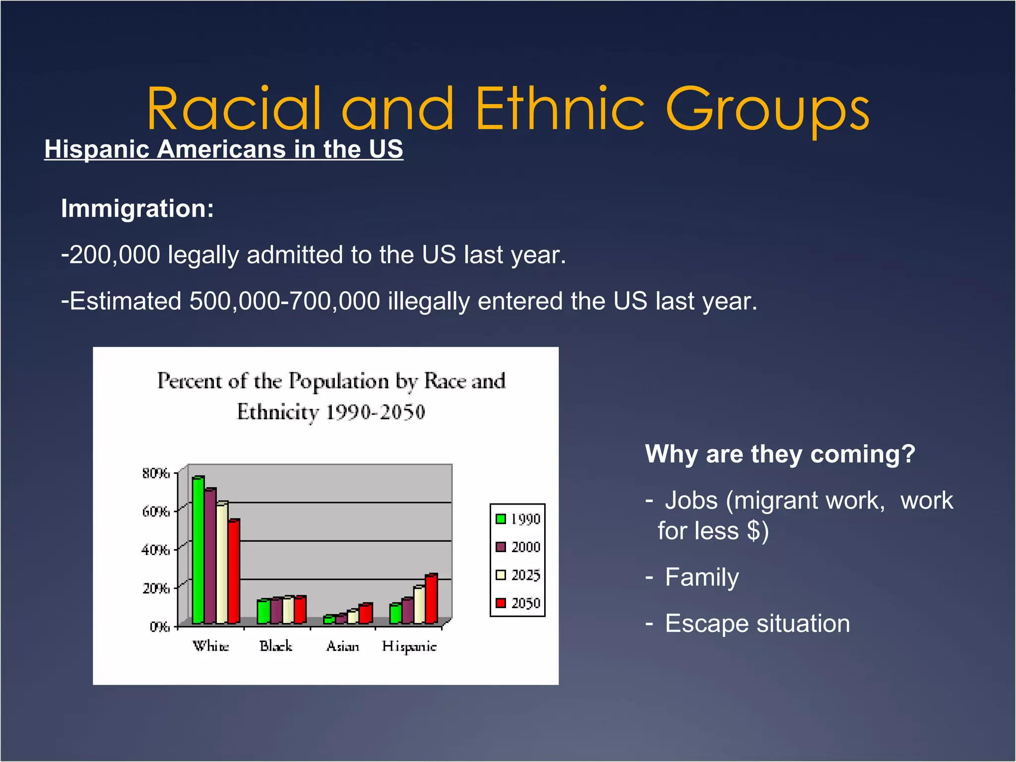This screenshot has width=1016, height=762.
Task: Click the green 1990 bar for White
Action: pyautogui.click(x=198, y=551)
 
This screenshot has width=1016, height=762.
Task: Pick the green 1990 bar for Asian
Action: pyautogui.click(x=328, y=620)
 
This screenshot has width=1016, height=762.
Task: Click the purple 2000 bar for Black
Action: pyautogui.click(x=276, y=611)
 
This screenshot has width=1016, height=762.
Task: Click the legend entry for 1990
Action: pyautogui.click(x=517, y=519)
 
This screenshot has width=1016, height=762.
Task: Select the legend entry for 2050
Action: pyautogui.click(x=517, y=603)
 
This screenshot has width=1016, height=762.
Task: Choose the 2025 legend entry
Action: pyautogui.click(x=517, y=575)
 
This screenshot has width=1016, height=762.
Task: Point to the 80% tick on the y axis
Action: pyautogui.click(x=156, y=473)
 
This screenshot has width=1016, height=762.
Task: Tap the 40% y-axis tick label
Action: pyautogui.click(x=156, y=550)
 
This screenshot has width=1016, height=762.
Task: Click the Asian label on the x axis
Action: pyautogui.click(x=342, y=646)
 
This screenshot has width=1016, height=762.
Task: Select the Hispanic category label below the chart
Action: pyautogui.click(x=409, y=646)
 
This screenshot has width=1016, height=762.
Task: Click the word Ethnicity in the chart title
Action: pyautogui.click(x=277, y=412)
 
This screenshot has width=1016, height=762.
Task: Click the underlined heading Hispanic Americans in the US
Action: pyautogui.click(x=224, y=149)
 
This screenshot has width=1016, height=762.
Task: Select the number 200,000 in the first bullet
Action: pyautogui.click(x=115, y=255)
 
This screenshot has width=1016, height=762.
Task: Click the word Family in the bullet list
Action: pyautogui.click(x=701, y=577)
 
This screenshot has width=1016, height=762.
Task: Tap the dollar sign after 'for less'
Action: pyautogui.click(x=753, y=531)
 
